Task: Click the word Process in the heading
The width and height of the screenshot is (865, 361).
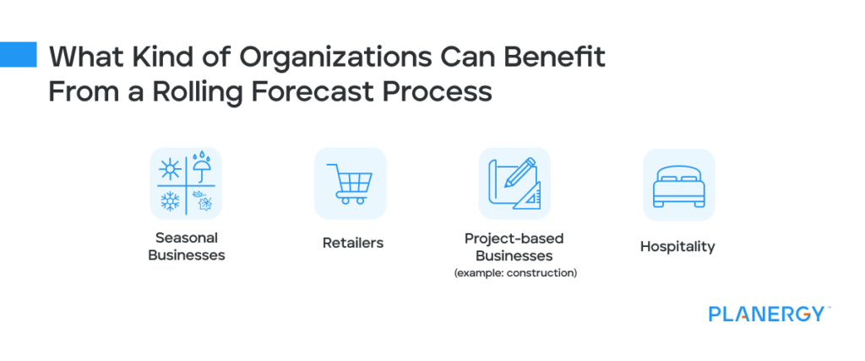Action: (x=448, y=92)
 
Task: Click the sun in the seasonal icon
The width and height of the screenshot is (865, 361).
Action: (x=171, y=170)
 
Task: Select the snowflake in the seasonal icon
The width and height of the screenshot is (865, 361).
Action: (x=171, y=201)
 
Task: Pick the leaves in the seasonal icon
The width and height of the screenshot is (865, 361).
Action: (x=201, y=200)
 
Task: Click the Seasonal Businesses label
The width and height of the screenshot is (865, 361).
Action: (x=186, y=246)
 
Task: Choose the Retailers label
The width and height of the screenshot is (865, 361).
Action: (x=353, y=243)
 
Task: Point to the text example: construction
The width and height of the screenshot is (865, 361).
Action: (x=515, y=273)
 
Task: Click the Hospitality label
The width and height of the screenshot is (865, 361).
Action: (x=677, y=246)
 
